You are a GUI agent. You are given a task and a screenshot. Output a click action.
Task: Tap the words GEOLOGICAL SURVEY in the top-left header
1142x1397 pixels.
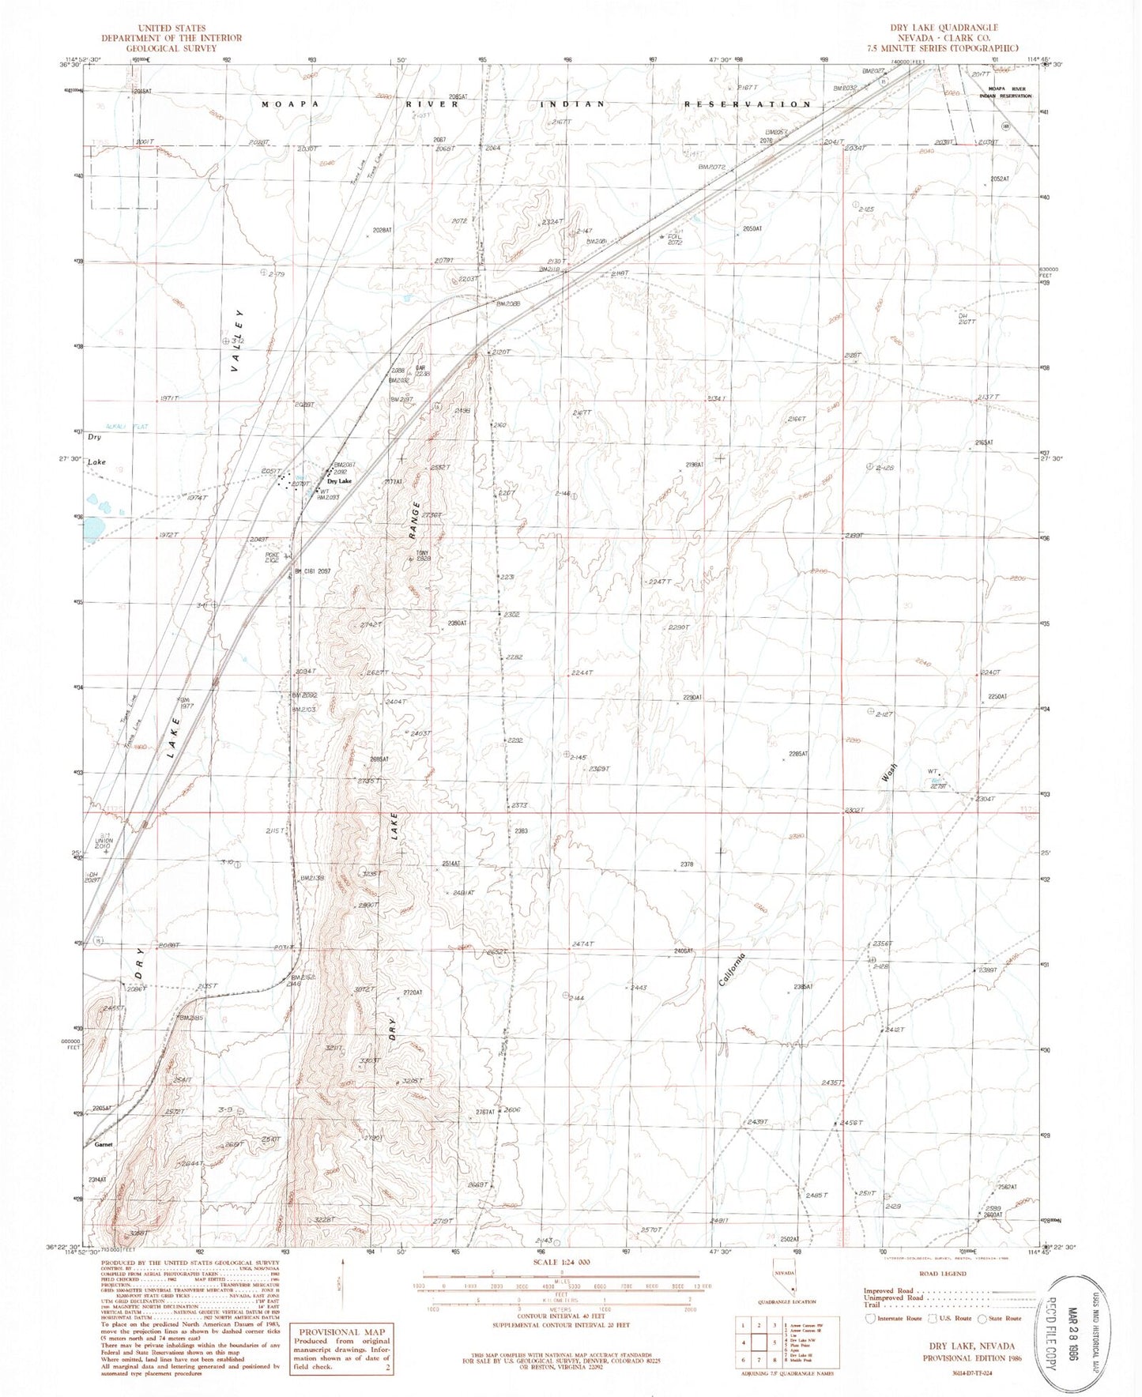click(171, 48)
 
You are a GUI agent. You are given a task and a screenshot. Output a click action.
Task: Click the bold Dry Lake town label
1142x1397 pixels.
click(339, 480)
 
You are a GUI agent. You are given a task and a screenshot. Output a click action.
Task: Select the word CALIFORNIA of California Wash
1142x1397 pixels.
click(732, 969)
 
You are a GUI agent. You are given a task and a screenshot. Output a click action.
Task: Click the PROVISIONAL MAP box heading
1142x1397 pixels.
click(342, 1332)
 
